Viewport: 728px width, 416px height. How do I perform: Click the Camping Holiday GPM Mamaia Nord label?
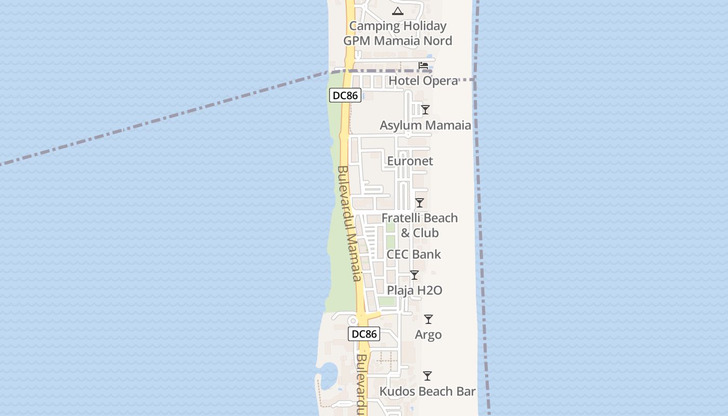(397, 33)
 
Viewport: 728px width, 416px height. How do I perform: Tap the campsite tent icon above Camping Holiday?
(398, 11)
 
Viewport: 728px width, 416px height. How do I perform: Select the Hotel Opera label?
(423, 81)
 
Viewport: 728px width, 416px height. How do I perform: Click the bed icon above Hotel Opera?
(423, 66)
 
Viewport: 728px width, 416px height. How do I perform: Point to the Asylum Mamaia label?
(425, 125)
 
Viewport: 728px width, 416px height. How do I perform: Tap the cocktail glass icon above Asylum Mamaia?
(425, 109)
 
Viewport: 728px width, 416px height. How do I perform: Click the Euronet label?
(410, 161)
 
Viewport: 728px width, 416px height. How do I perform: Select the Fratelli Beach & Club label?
(420, 225)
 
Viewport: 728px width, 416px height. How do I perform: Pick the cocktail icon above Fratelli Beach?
(420, 203)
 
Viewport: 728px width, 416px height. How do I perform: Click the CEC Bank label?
(413, 254)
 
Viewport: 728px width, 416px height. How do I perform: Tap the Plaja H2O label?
(414, 290)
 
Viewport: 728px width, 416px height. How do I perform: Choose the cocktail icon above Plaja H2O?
(414, 275)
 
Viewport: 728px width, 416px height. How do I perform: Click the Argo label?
(428, 335)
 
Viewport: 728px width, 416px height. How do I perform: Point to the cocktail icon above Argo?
(428, 319)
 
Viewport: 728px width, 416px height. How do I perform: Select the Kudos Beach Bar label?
(427, 392)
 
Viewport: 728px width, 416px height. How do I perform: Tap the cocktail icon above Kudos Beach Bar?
(427, 375)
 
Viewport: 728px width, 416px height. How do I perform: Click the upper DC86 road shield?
(345, 96)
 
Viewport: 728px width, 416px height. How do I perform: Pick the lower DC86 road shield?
(364, 334)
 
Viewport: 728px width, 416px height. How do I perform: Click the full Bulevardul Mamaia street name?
(349, 224)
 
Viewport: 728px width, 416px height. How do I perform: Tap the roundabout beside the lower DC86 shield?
(353, 320)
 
